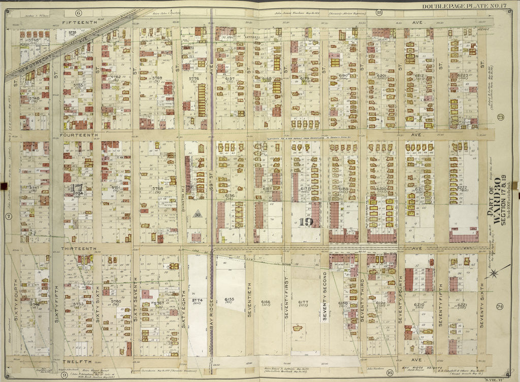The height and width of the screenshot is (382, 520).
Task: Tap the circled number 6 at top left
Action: [79, 12]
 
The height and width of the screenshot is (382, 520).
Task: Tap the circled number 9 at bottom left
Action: [64, 375]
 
